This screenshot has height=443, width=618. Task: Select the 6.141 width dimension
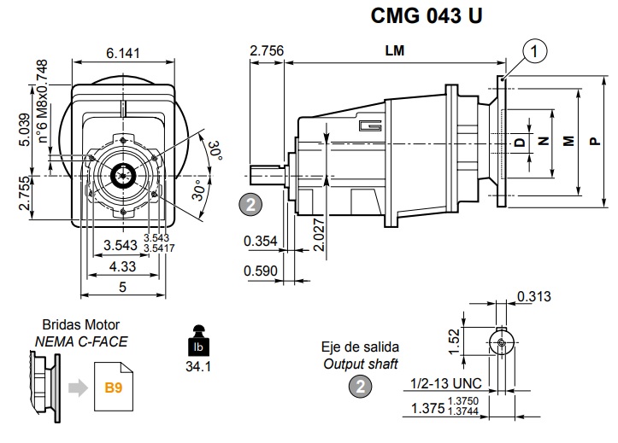[x=123, y=53]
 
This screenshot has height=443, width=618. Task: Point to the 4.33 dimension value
[x=122, y=267]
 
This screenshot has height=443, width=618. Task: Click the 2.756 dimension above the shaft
[x=266, y=51]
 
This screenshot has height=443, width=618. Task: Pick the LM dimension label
[x=394, y=50]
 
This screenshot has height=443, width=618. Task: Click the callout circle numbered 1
[x=536, y=52]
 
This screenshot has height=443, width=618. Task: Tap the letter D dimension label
[x=519, y=142]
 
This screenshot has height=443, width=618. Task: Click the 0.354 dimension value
[x=260, y=242]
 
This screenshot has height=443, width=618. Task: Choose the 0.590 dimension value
[x=260, y=271]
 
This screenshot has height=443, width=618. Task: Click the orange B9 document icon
[x=113, y=388]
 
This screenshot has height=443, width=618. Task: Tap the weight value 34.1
[x=197, y=367]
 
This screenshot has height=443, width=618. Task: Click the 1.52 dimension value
[x=455, y=339]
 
